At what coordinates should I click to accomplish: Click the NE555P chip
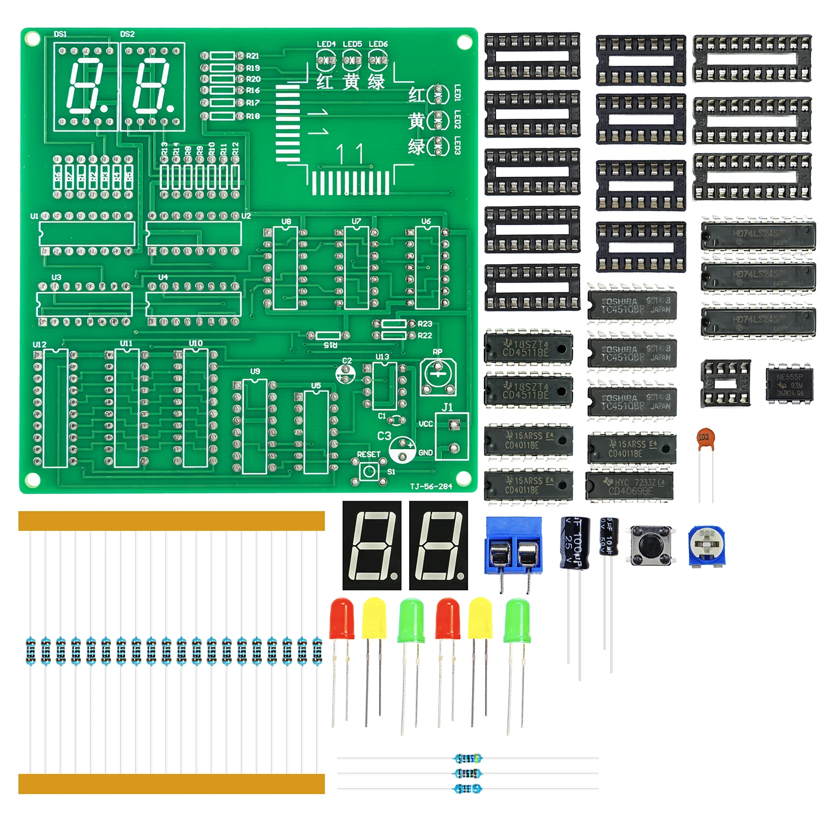pyautogui.click(x=789, y=384)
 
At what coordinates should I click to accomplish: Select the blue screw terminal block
pyautogui.click(x=513, y=546)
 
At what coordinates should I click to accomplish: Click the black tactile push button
pyautogui.click(x=650, y=545)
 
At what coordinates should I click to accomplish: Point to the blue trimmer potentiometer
pyautogui.click(x=706, y=546)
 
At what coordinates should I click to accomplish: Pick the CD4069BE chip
pyautogui.click(x=630, y=487)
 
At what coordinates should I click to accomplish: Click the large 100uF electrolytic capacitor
pyautogui.click(x=575, y=543)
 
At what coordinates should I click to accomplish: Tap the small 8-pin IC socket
pyautogui.click(x=725, y=382)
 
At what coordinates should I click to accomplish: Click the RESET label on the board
pyautogui.click(x=368, y=454)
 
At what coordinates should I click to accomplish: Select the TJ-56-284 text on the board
pyautogui.click(x=431, y=487)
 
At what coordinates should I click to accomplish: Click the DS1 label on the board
pyautogui.click(x=60, y=34)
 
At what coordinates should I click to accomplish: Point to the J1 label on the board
pyautogui.click(x=448, y=407)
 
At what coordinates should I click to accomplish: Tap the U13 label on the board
pyautogui.click(x=382, y=357)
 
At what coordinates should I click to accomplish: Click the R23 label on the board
pyautogui.click(x=425, y=324)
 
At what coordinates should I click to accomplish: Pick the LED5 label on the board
pyautogui.click(x=352, y=44)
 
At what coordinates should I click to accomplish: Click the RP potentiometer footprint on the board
pyautogui.click(x=439, y=375)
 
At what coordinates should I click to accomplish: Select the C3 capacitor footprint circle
pyautogui.click(x=402, y=450)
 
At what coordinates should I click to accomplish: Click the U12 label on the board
pyautogui.click(x=40, y=344)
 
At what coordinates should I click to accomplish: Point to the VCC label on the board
pyautogui.click(x=426, y=424)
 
